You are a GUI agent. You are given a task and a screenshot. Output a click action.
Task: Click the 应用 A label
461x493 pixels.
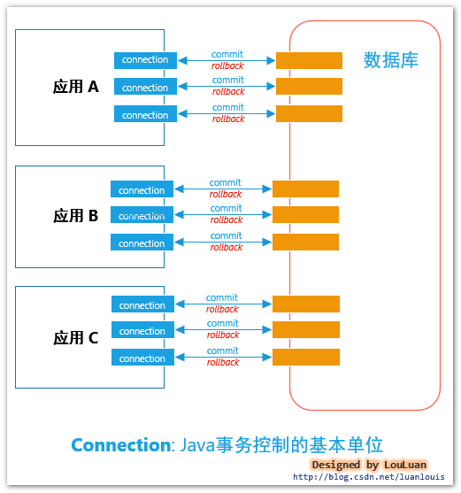click(75, 87)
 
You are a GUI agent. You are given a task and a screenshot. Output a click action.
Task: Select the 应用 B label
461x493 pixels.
click(75, 215)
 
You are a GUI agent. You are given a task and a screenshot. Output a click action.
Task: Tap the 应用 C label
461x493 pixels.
click(75, 337)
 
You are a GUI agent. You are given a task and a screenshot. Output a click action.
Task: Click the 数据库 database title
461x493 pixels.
click(390, 60)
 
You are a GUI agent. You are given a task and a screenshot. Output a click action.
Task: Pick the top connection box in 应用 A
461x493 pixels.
click(145, 60)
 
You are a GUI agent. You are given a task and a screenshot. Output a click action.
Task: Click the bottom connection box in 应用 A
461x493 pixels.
click(145, 115)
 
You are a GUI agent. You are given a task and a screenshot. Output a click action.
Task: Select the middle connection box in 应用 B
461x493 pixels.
click(142, 216)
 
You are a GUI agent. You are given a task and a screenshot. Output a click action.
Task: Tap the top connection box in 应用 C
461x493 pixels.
click(142, 305)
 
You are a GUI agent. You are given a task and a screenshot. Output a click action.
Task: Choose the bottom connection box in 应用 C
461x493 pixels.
click(142, 358)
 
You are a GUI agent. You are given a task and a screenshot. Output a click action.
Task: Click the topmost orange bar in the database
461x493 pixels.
click(309, 60)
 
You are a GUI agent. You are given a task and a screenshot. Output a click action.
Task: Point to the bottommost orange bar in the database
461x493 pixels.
click(305, 358)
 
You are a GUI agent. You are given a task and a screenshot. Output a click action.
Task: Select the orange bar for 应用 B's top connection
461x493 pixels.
click(305, 189)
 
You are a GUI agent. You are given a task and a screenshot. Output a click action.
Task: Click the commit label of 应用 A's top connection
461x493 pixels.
click(227, 54)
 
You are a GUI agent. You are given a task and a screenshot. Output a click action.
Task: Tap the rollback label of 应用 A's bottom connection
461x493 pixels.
click(228, 119)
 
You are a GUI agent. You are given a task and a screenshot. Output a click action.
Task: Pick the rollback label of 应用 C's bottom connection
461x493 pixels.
click(223, 363)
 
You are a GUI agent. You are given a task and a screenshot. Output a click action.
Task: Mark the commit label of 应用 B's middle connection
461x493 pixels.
click(226, 209)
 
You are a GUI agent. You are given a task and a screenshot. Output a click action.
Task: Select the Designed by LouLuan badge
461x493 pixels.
click(368, 465)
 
